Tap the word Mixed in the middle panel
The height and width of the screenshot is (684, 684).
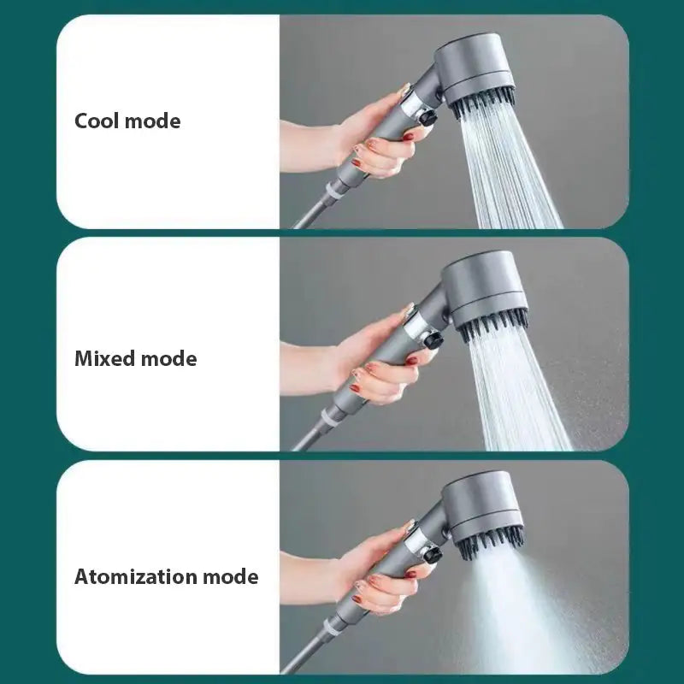(105, 358)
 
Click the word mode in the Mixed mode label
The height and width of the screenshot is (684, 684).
(168, 358)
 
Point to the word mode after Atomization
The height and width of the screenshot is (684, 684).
(230, 576)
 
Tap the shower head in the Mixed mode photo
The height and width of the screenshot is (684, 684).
(485, 286)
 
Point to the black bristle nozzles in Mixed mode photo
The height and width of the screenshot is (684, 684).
(494, 322)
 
